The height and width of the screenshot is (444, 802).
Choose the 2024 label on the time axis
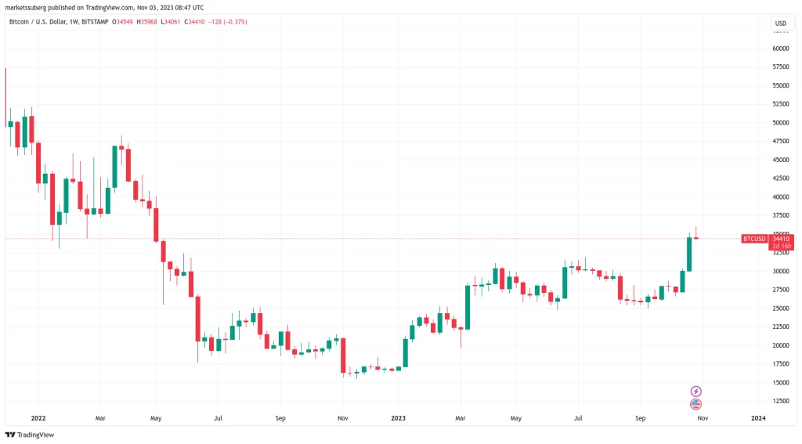pos(758,419)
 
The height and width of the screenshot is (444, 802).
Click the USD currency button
pos(780,23)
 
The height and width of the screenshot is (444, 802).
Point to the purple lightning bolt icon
pos(695,391)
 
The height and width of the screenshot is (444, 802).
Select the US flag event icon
pos(695,404)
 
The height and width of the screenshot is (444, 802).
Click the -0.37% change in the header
pos(234,22)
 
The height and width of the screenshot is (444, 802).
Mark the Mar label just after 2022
pos(100,419)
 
